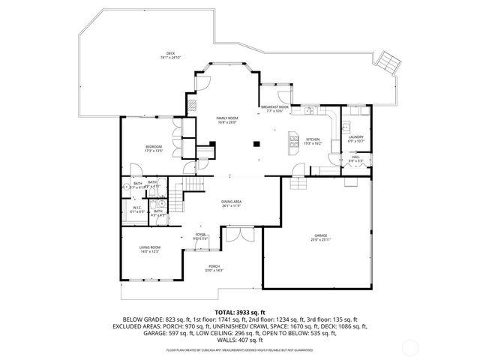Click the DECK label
point(171,53)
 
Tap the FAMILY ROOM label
point(226,118)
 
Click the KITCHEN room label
point(313,139)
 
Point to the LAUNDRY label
point(356,137)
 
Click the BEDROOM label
point(154,147)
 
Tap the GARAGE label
point(320,236)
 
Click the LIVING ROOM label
point(150,247)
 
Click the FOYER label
point(200,235)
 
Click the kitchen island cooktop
point(294,139)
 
